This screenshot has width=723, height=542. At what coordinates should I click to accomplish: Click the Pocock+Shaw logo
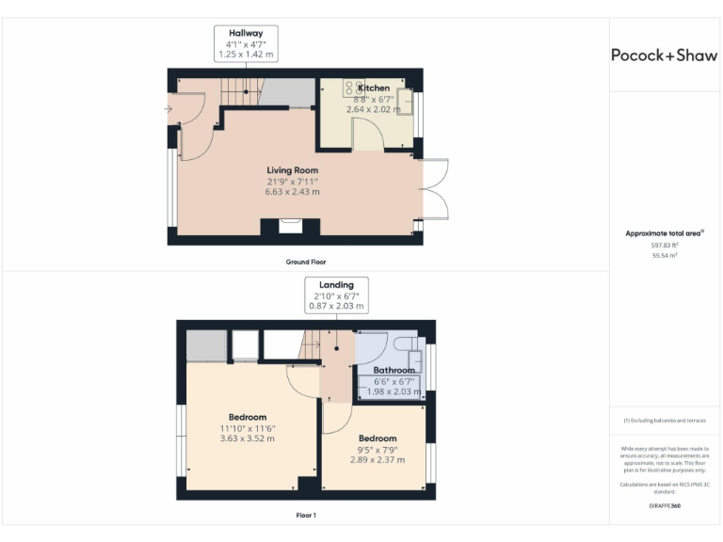(x=665, y=55)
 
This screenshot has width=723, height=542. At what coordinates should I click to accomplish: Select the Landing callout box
(x=336, y=295)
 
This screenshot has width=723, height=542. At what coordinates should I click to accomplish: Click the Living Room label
(x=292, y=170)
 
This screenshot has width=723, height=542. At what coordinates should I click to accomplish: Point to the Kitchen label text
(x=373, y=88)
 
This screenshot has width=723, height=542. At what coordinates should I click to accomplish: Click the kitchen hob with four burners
(x=354, y=88)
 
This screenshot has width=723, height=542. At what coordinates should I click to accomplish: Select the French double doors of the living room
(x=432, y=188)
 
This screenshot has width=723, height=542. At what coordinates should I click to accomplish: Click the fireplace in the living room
(x=291, y=226)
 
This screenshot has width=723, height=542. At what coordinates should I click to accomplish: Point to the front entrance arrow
(x=168, y=110)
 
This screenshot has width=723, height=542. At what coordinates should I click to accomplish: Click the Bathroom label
(x=394, y=371)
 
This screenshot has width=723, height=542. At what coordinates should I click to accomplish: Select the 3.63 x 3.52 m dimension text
(x=248, y=438)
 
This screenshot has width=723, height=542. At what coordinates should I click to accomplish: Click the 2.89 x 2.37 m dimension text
(x=378, y=460)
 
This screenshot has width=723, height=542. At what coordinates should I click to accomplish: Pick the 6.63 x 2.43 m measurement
(x=292, y=192)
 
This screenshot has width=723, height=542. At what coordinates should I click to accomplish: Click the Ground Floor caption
(x=306, y=262)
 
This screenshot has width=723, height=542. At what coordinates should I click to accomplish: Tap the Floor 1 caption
(x=306, y=516)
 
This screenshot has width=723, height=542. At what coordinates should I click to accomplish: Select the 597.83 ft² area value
(x=665, y=245)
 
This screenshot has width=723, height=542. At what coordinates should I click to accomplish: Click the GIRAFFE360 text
(x=665, y=506)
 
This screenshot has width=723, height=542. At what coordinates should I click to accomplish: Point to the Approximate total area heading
(x=663, y=232)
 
